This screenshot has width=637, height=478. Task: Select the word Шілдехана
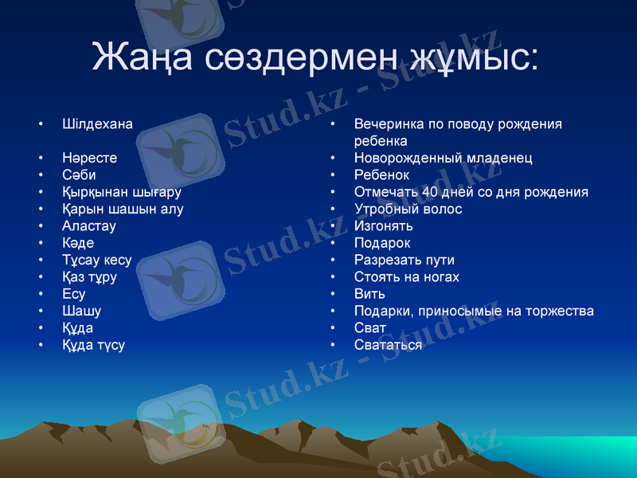click(97, 124)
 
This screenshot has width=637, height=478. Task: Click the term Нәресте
click(89, 158)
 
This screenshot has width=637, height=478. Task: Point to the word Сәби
click(79, 175)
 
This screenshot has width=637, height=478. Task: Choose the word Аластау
click(89, 226)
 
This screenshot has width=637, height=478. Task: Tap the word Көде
click(78, 243)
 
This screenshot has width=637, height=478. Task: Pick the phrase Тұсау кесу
click(96, 260)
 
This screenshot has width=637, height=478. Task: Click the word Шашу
click(81, 311)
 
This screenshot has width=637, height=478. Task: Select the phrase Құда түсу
click(93, 345)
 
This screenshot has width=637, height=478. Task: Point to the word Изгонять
click(383, 226)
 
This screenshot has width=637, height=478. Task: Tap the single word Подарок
click(382, 243)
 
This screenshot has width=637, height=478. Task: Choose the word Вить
click(369, 294)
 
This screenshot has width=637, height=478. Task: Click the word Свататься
click(388, 345)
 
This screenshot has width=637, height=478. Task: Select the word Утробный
click(385, 209)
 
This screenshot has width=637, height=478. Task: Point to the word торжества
click(557, 311)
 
